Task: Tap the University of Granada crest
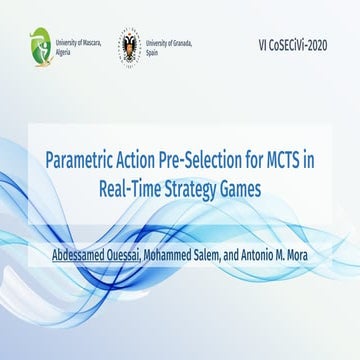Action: pyautogui.click(x=131, y=47)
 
